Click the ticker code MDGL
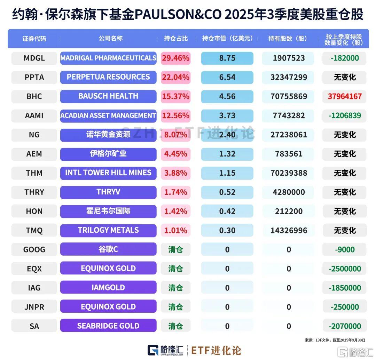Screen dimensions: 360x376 [x=34, y=58]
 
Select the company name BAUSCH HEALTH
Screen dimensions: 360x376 [x=108, y=96]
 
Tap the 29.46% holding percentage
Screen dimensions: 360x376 [x=175, y=58]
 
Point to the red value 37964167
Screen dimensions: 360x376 [x=344, y=96]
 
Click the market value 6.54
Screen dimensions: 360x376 [x=227, y=77]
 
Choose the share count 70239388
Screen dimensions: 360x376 [x=289, y=173]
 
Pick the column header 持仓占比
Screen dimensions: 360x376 [x=176, y=39]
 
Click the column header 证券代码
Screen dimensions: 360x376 [x=34, y=39]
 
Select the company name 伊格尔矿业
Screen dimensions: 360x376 [x=108, y=153]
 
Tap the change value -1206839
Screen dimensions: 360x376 [x=344, y=115]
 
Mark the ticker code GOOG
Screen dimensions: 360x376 [x=34, y=249]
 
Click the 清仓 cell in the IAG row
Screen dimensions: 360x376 [x=175, y=288]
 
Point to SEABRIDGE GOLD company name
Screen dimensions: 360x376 [x=108, y=326]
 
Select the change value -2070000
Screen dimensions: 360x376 [x=344, y=326]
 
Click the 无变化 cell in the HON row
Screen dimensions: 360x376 [x=344, y=211]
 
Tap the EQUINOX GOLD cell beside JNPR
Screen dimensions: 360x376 [x=108, y=307]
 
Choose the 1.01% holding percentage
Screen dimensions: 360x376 [x=175, y=230]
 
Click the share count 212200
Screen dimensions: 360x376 [x=289, y=211]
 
